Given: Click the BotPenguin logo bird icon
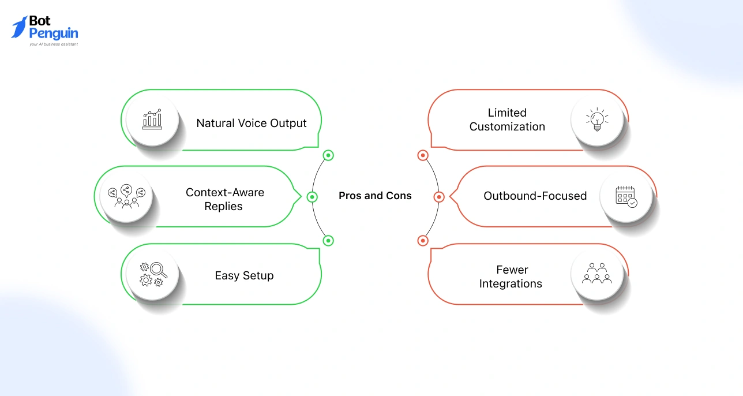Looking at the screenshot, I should [19, 27].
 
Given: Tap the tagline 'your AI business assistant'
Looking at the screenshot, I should [54, 44].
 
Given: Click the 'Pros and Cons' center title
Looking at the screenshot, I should [375, 196].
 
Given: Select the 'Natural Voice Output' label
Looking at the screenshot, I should [252, 123].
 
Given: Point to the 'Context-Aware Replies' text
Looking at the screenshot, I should [224, 199].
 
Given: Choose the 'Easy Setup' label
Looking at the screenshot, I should [244, 275].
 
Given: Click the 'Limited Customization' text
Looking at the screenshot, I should [507, 119].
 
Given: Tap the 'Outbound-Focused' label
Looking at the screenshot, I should [535, 196].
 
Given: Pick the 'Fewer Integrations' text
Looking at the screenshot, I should [511, 277].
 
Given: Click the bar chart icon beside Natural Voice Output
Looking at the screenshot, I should [153, 119].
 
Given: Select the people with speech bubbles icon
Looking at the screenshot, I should [126, 196].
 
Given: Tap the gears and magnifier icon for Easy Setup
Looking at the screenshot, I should [153, 274].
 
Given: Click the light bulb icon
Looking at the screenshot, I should [597, 119].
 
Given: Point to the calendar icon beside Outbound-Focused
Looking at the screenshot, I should [626, 196].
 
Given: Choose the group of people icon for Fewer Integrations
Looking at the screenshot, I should [597, 273].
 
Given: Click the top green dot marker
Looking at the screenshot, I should [328, 155].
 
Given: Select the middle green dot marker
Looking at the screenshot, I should [312, 197].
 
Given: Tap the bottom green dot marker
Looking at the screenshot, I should [328, 240].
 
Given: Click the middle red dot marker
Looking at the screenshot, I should [438, 197].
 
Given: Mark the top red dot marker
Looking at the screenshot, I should [423, 155].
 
